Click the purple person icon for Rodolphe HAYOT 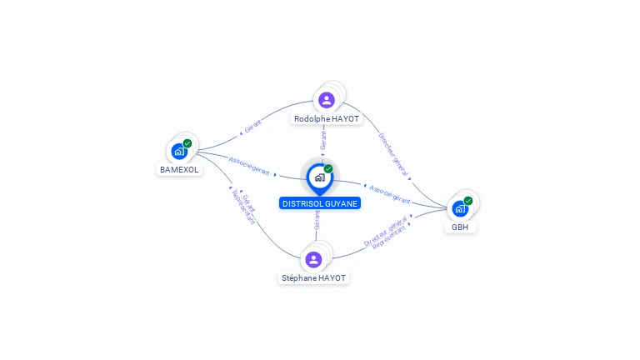pyautogui.click(x=326, y=100)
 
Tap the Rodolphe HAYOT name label pyautogui.click(x=327, y=119)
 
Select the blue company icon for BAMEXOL pyautogui.click(x=178, y=152)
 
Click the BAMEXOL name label pyautogui.click(x=179, y=169)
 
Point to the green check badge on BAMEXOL pyautogui.click(x=187, y=143)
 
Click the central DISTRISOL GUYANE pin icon pyautogui.click(x=319, y=177)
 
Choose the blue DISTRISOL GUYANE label pyautogui.click(x=320, y=203)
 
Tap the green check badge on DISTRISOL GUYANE pyautogui.click(x=328, y=168)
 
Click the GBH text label pyautogui.click(x=460, y=227)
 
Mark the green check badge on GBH pyautogui.click(x=468, y=201)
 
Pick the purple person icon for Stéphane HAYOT pyautogui.click(x=313, y=259)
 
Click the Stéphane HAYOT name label pyautogui.click(x=313, y=277)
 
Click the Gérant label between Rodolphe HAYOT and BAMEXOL pyautogui.click(x=252, y=127)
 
